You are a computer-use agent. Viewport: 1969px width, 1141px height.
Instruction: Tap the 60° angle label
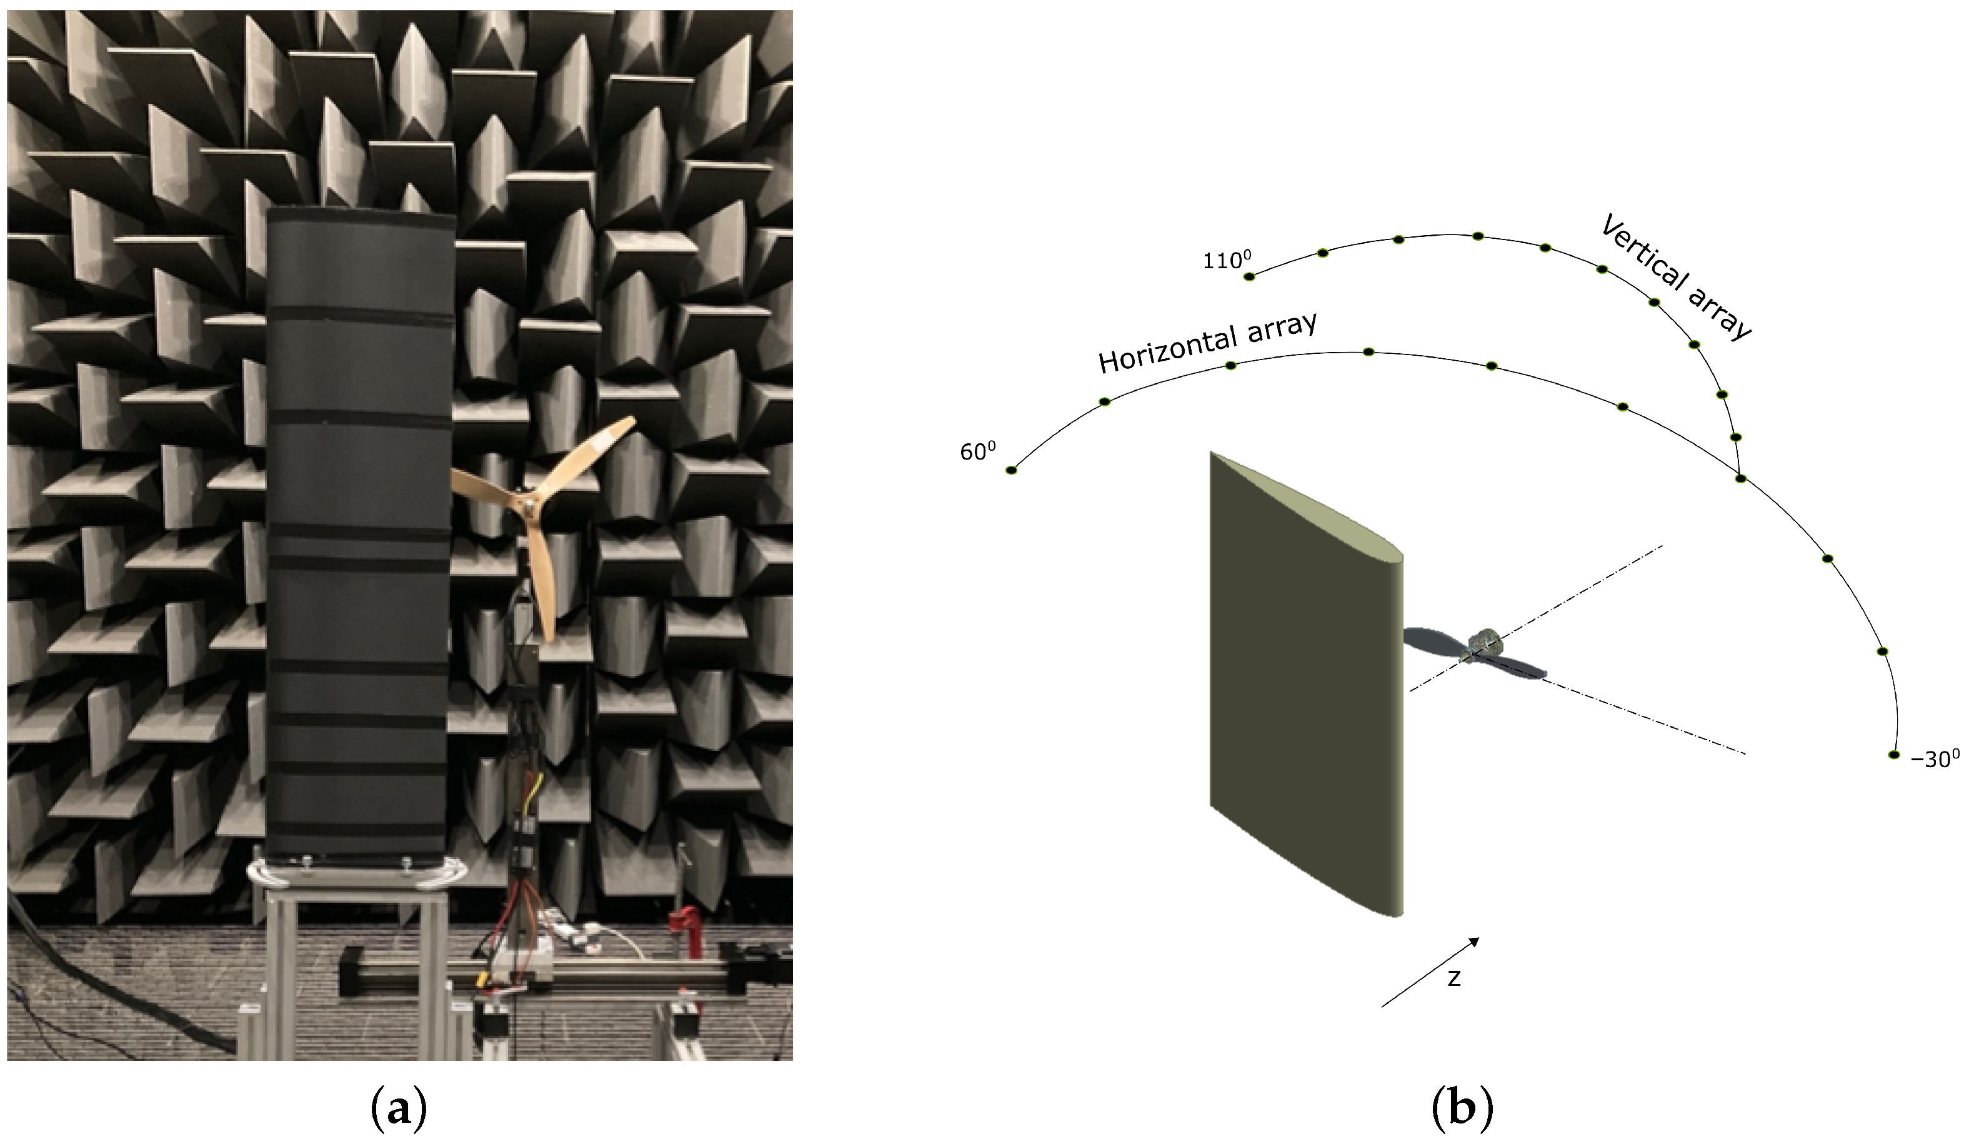(x=978, y=451)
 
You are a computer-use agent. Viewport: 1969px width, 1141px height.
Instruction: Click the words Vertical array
(x=1675, y=278)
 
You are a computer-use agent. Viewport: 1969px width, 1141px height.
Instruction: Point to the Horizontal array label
(x=1207, y=343)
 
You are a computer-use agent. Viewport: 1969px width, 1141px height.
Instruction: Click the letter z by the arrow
(x=1453, y=978)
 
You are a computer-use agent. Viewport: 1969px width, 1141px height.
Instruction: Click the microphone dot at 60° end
(x=1011, y=470)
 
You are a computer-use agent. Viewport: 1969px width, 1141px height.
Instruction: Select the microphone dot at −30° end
(x=1892, y=754)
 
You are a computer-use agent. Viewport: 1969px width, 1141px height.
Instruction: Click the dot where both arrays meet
(x=1740, y=478)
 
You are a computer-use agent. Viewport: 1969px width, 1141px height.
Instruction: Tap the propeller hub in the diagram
(x=1482, y=643)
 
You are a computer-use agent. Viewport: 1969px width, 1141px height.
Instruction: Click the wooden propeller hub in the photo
(x=530, y=508)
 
